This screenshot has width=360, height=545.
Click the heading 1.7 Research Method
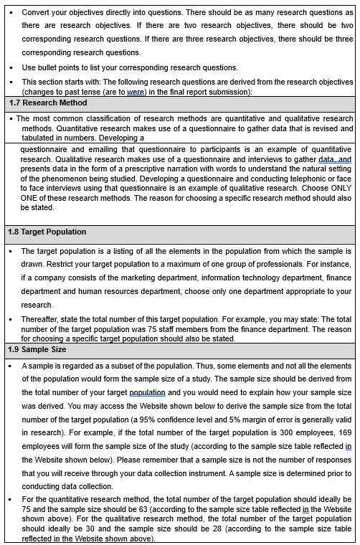[x=48, y=103]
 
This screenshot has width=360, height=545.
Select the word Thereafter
[x=44, y=319]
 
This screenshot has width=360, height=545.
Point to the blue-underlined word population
[x=147, y=392]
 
